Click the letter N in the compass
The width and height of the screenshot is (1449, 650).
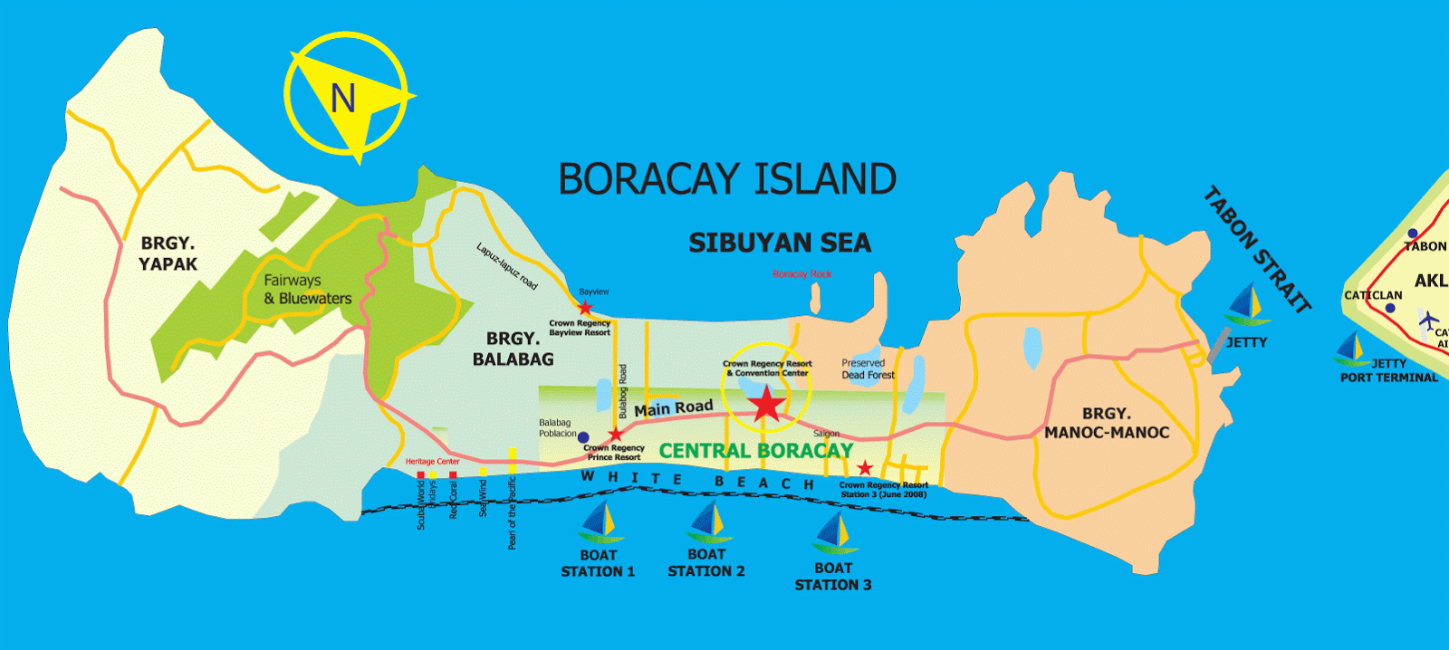(342, 98)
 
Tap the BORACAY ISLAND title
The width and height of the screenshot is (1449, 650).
(727, 179)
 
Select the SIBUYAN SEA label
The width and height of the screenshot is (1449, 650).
(780, 243)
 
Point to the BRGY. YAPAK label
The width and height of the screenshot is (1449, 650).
(168, 253)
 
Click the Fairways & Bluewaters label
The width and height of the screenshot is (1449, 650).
(307, 290)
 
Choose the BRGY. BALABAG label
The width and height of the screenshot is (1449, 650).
(513, 349)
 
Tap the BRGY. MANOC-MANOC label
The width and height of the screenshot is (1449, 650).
(1107, 423)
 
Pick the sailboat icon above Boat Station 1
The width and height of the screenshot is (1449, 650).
(598, 522)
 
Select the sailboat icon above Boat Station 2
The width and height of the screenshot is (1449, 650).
(706, 522)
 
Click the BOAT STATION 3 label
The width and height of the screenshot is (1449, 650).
(833, 577)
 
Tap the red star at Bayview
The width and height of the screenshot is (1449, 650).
(585, 308)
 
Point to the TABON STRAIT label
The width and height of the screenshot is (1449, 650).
(1257, 249)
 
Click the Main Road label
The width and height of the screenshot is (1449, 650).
(673, 408)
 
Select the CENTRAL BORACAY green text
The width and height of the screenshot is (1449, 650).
(755, 450)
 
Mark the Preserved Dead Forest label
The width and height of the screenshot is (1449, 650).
(868, 368)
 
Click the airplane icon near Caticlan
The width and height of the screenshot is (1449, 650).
(1428, 320)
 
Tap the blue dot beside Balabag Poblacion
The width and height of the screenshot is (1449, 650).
(583, 438)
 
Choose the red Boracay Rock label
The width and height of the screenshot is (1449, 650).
(801, 274)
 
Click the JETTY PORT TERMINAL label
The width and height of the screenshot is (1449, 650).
(1389, 370)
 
